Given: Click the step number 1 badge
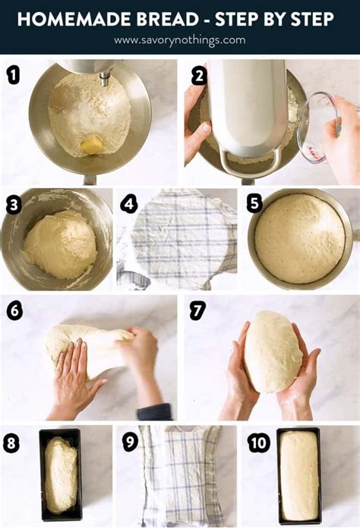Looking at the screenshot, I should (x=13, y=74).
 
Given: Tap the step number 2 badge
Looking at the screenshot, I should (x=199, y=75).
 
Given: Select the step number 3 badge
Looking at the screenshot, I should (x=13, y=205).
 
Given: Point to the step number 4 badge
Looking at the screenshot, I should (x=129, y=204).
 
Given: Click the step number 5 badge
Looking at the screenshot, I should (x=254, y=204).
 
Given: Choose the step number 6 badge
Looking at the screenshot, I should (x=14, y=310).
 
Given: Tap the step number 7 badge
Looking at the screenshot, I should (x=197, y=310).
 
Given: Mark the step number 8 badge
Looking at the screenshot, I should (x=11, y=443).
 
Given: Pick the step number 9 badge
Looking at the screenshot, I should (x=130, y=442).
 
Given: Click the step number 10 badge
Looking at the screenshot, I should (x=257, y=442).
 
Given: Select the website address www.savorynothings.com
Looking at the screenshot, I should (x=180, y=39).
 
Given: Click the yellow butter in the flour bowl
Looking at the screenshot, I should (x=93, y=143).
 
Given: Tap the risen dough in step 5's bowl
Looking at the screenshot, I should (x=299, y=238).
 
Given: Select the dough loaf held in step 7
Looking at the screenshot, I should (x=272, y=351).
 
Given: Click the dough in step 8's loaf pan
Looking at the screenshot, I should (x=61, y=475).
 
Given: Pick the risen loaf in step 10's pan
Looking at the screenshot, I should (x=298, y=476).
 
